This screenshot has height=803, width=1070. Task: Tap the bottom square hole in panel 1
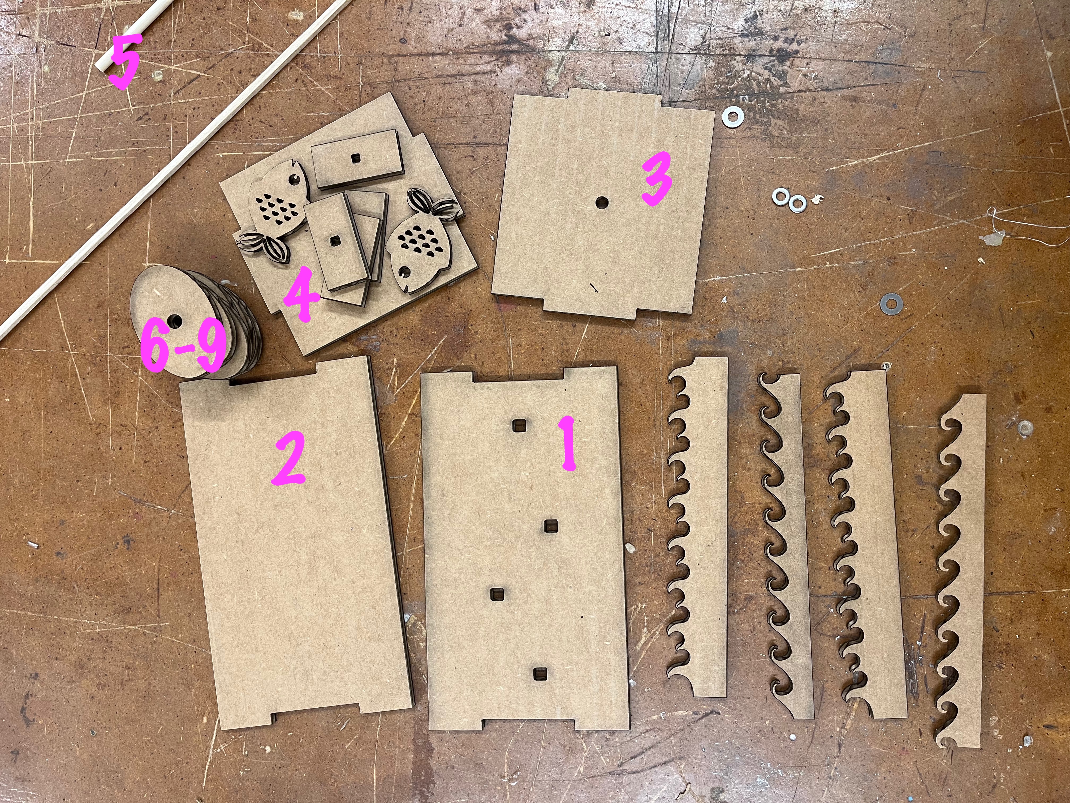coord(540,673)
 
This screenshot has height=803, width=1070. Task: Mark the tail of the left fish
coord(263,245)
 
